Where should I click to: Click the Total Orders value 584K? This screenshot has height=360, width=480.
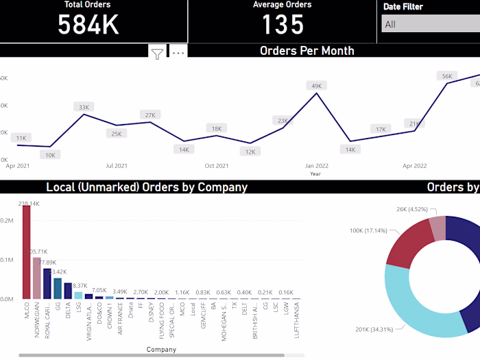[x=88, y=25]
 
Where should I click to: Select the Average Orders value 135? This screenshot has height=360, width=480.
[x=283, y=25]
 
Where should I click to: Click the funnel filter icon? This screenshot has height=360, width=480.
[x=158, y=53]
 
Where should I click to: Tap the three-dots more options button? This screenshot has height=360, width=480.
[x=178, y=53]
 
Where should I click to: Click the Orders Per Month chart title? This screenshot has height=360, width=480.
[x=307, y=51]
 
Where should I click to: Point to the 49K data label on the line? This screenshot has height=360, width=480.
[x=317, y=86]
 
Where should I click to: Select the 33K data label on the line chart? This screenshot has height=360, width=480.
[x=84, y=107]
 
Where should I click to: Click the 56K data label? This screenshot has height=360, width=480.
[x=447, y=76]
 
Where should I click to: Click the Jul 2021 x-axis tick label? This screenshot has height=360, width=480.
[x=117, y=165]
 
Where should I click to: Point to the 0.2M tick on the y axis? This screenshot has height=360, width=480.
[x=6, y=221]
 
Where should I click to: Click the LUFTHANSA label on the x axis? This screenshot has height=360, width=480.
[x=297, y=322]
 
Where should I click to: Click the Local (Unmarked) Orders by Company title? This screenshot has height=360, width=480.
[x=147, y=187]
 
